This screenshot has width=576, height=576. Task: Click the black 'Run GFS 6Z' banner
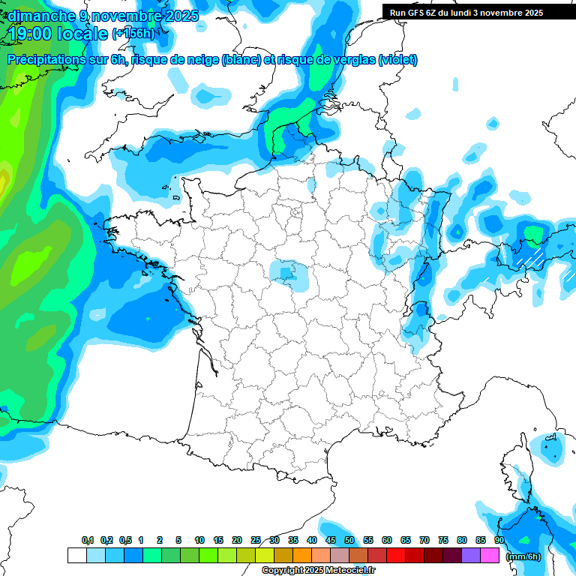click(473, 12)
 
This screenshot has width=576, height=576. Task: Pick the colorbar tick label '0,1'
click(88, 540)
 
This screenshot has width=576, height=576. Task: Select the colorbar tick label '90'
click(499, 540)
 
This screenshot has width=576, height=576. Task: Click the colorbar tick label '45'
click(331, 540)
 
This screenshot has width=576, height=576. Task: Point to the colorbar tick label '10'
click(199, 540)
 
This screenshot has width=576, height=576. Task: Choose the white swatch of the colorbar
click(76, 555)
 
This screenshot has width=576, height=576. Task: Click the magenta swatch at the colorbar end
click(490, 555)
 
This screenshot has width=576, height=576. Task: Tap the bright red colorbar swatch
click(396, 555)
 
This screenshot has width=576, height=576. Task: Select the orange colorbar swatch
click(302, 555)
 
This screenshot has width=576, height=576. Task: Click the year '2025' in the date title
click(181, 15)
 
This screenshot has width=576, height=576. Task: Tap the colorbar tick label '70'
click(424, 540)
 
